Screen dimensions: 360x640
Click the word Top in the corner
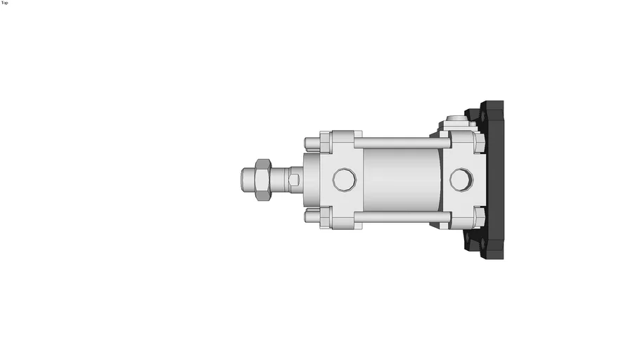(x=4, y=3)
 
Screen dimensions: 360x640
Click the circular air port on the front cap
(x=344, y=179)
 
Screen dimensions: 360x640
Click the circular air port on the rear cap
(x=461, y=179)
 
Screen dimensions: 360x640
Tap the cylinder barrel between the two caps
(x=401, y=180)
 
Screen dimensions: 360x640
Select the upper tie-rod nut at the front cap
(x=312, y=144)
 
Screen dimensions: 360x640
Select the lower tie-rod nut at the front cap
(x=312, y=216)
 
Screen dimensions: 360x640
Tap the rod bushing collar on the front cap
(x=310, y=180)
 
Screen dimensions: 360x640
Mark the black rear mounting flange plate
(x=496, y=180)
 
